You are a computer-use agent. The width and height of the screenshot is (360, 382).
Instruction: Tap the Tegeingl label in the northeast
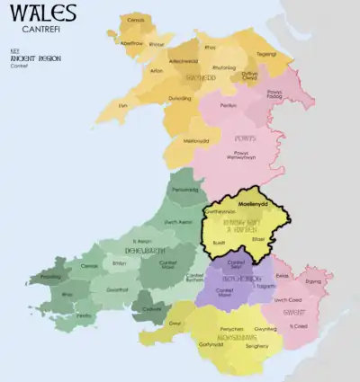tap(266, 53)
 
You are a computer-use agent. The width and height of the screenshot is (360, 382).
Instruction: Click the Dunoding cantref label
tap(180, 98)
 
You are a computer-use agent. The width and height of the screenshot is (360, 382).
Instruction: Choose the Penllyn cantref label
tap(228, 105)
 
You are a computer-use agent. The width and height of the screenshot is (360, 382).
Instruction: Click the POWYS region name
tap(244, 138)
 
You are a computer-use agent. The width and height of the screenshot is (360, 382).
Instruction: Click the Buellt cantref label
tap(221, 242)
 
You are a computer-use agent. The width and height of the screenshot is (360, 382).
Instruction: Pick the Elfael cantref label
tap(260, 239)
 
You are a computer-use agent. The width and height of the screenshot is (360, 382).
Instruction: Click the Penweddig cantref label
tap(184, 190)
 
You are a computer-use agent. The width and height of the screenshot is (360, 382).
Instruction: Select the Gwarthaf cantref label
tap(117, 289)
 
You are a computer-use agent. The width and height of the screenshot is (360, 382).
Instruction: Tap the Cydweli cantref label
tap(151, 307)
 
